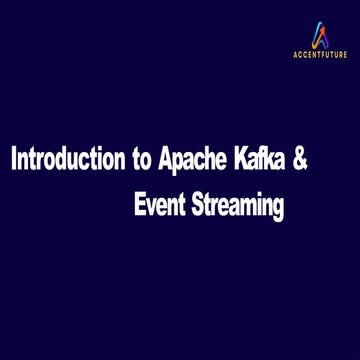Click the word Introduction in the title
pos(68,161)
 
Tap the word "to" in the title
pos(143,161)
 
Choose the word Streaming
pos(238,207)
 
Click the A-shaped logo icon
pos(319,36)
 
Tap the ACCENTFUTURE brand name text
pos(319,56)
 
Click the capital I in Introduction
pos(13,161)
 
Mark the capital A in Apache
pos(166,161)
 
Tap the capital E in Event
pos(139,206)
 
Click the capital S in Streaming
pos(195,206)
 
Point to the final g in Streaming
pos(278,209)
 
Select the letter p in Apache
pos(181,164)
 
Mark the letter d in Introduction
pos(63,161)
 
